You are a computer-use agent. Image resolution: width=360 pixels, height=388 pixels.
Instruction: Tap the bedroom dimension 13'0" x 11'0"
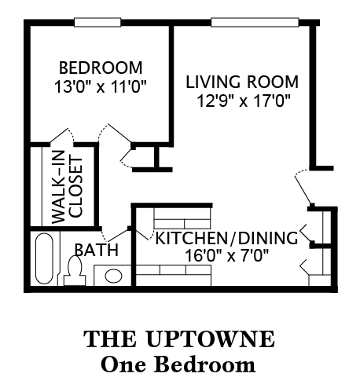point(101,83)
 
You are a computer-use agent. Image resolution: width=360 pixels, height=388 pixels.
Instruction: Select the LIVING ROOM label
point(242,82)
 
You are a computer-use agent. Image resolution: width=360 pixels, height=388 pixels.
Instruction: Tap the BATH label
point(97,251)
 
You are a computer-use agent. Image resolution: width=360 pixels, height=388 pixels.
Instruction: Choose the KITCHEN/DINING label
point(226,238)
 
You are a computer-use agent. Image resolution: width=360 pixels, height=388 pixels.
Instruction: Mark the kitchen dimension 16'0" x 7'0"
point(226,255)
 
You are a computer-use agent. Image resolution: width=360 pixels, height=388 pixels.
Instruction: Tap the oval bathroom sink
point(113,276)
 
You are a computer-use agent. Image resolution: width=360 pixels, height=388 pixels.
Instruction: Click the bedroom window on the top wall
point(99,24)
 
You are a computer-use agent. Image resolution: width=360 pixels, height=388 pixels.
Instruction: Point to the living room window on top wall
point(255,24)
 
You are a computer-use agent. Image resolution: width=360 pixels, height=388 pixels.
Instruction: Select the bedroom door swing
point(116,137)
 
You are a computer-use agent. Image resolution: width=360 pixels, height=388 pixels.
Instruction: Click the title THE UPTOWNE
point(179,339)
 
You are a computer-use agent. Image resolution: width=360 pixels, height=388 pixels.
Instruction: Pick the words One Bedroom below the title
point(179,364)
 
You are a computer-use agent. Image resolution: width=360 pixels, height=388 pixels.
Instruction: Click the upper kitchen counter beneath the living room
point(182,216)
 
